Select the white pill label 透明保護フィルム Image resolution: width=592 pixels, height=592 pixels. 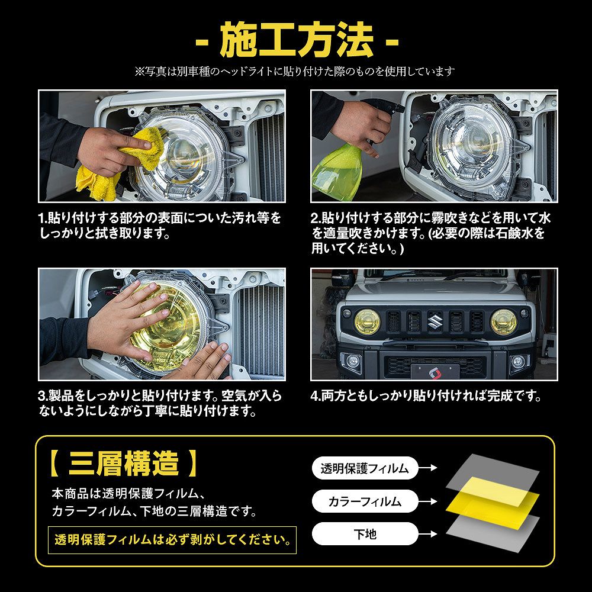click(x=365, y=468)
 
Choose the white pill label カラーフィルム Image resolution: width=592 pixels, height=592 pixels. click(x=365, y=501)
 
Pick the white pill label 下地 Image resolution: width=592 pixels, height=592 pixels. click(x=365, y=534)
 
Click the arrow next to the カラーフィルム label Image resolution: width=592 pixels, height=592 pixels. click(x=428, y=501)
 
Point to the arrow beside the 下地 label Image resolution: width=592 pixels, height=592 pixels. click(x=428, y=534)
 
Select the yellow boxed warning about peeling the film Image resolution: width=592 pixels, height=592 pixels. click(x=172, y=540)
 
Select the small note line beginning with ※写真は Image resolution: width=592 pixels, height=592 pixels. click(x=295, y=71)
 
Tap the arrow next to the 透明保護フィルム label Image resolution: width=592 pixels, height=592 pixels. click(x=428, y=468)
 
